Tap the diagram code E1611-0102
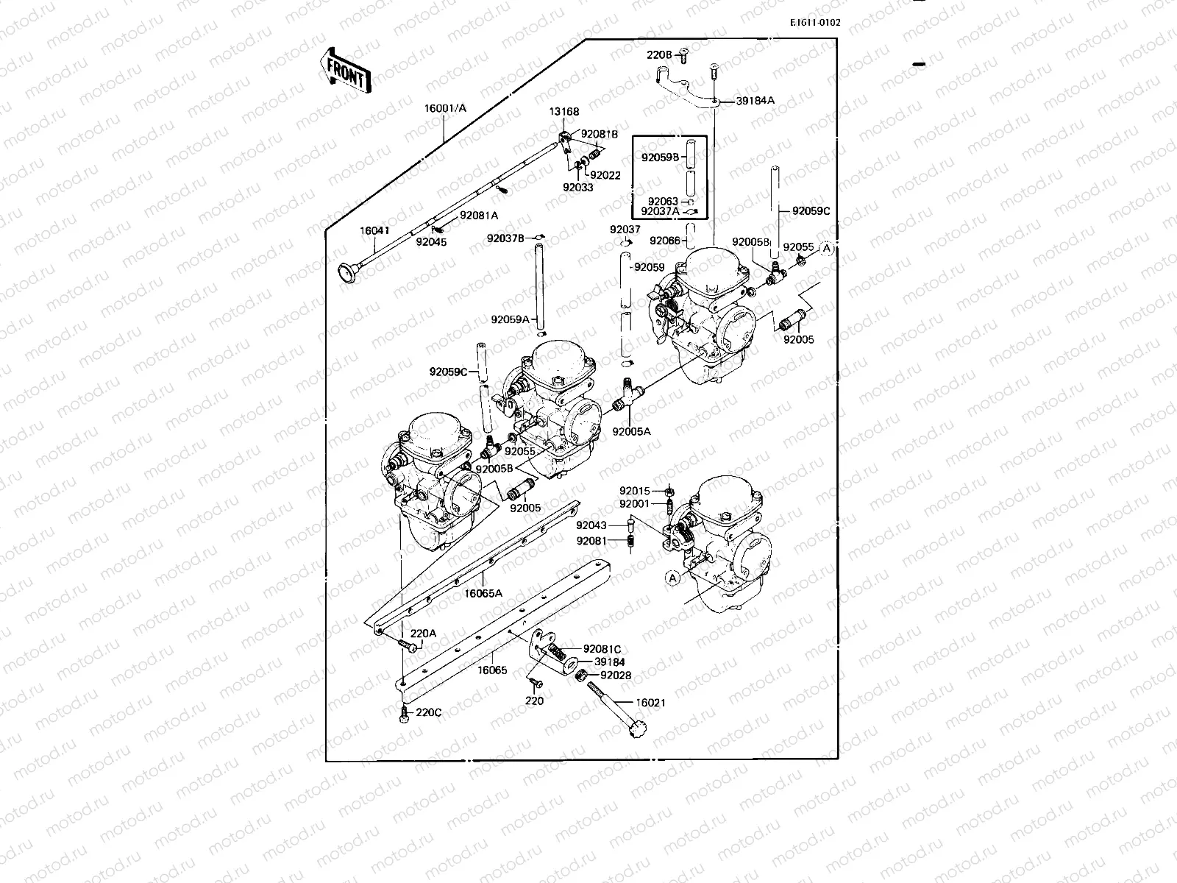pos(814,22)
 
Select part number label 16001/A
pos(444,108)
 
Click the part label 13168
pos(563,112)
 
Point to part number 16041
pos(374,230)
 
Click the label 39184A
pos(755,101)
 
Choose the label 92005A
pos(632,431)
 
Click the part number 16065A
pos(483,592)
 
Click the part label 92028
pos(615,675)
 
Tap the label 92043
pos(591,525)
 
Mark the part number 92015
pos(634,491)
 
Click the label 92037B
pos(505,238)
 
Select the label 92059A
pos(511,319)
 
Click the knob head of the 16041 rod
pos(344,274)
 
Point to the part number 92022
pos(605,175)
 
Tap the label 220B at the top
pos(659,54)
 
